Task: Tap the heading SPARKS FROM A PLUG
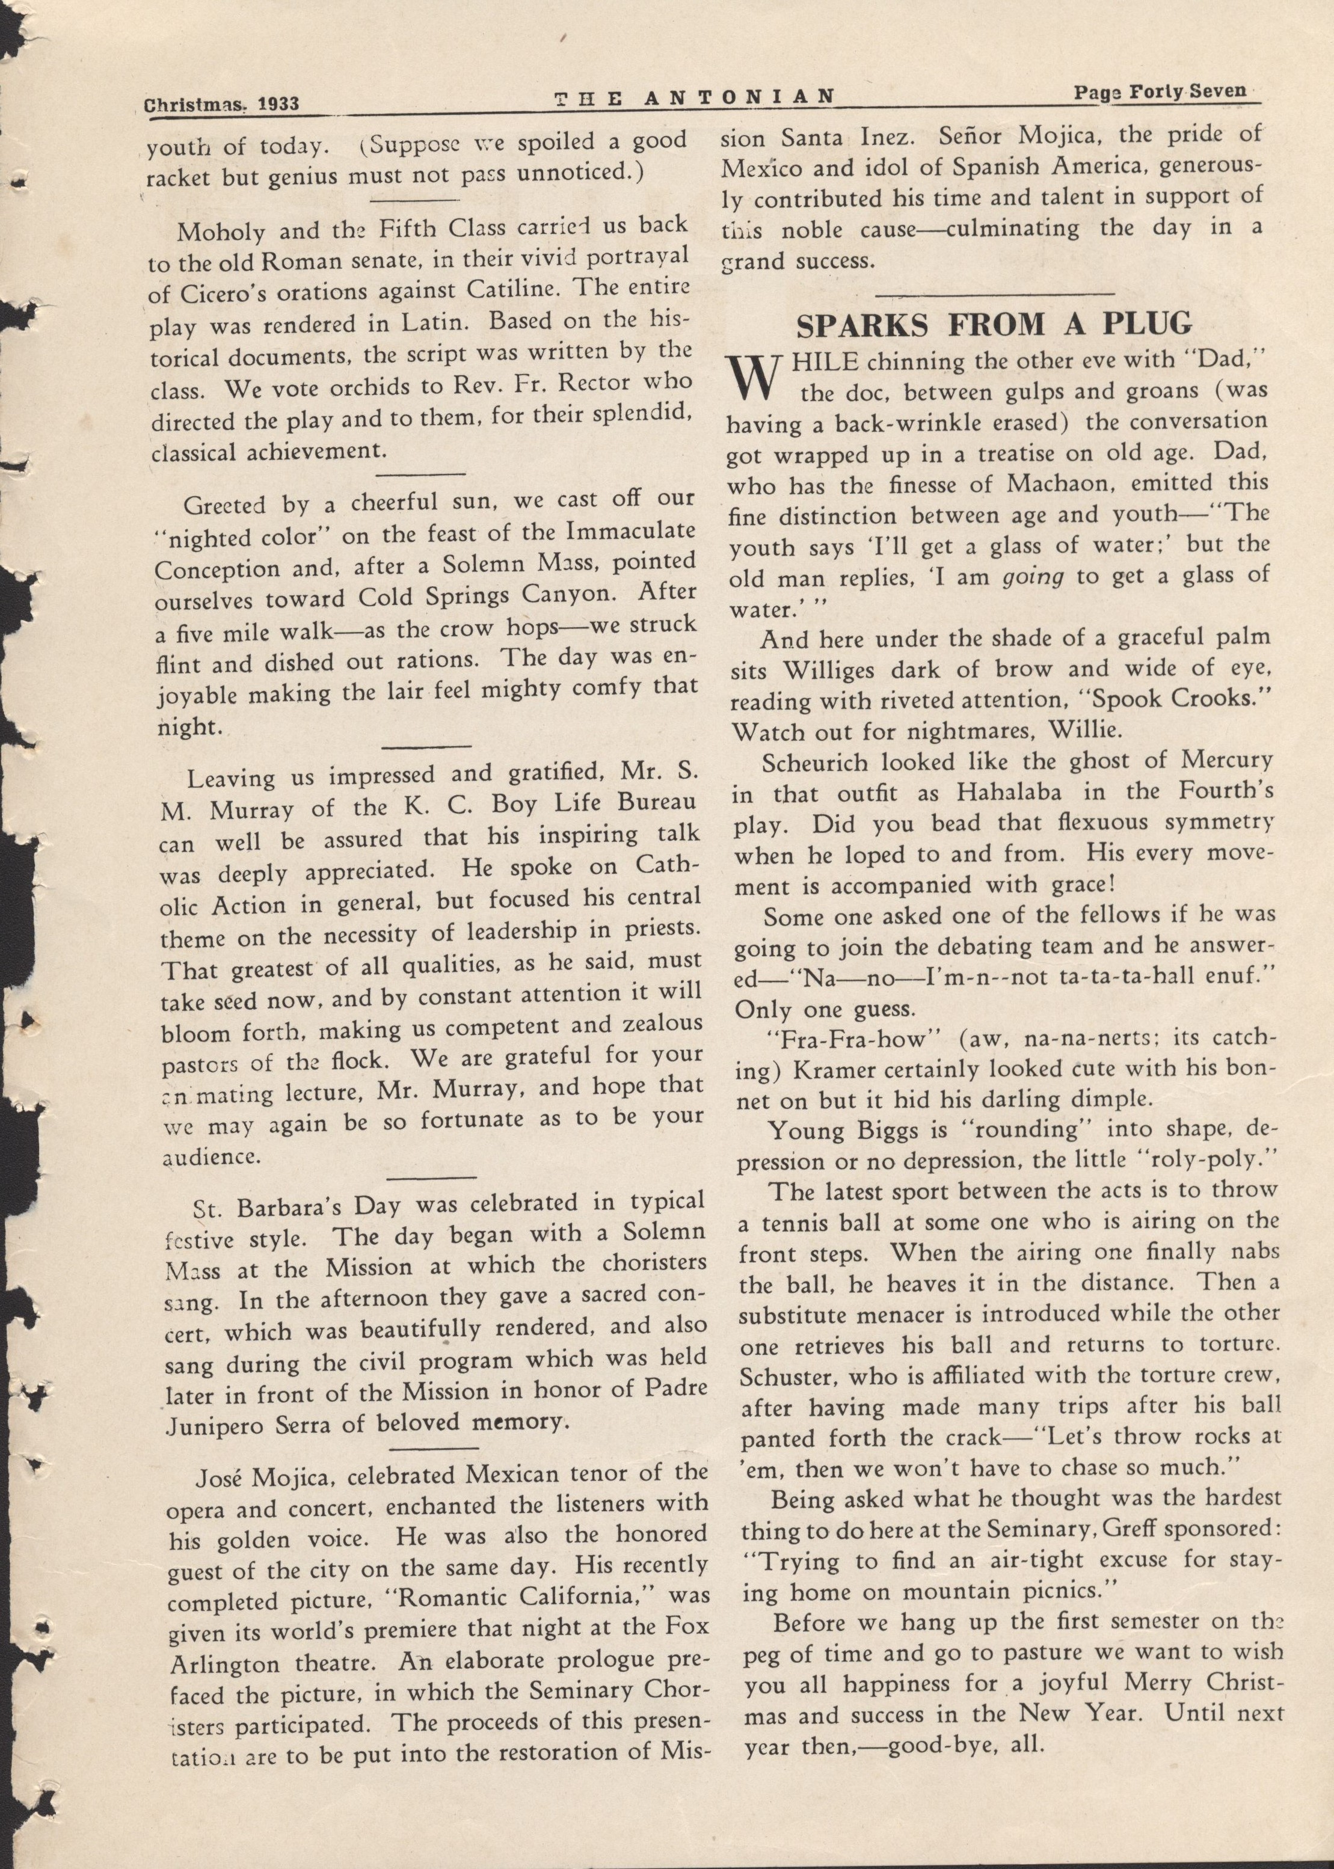pos(995,325)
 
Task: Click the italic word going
pos(1033,577)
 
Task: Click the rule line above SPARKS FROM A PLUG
pos(995,293)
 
